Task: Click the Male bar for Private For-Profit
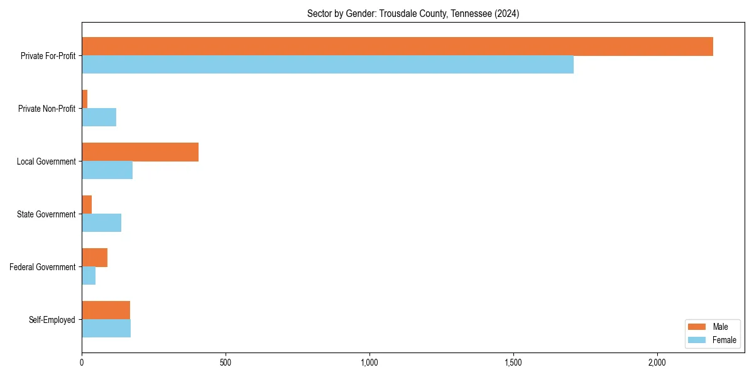pyautogui.click(x=397, y=46)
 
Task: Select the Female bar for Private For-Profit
pyautogui.click(x=327, y=65)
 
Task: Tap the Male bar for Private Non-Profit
pyautogui.click(x=85, y=99)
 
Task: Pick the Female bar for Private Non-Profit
pyautogui.click(x=99, y=117)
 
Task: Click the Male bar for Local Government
pyautogui.click(x=140, y=152)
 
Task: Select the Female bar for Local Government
pyautogui.click(x=107, y=170)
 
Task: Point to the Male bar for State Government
pyautogui.click(x=87, y=205)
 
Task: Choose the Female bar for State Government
pyautogui.click(x=101, y=223)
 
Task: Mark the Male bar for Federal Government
pyautogui.click(x=94, y=258)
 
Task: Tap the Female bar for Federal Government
pyautogui.click(x=89, y=276)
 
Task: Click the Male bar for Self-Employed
pyautogui.click(x=106, y=310)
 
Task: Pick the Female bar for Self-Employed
pyautogui.click(x=106, y=329)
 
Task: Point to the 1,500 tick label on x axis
pyautogui.click(x=513, y=363)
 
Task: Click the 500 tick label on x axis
pyautogui.click(x=226, y=363)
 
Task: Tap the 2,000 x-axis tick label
pyautogui.click(x=657, y=363)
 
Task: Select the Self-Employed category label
pyautogui.click(x=52, y=320)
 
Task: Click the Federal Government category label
pyautogui.click(x=43, y=267)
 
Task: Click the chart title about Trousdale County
pyautogui.click(x=413, y=13)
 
